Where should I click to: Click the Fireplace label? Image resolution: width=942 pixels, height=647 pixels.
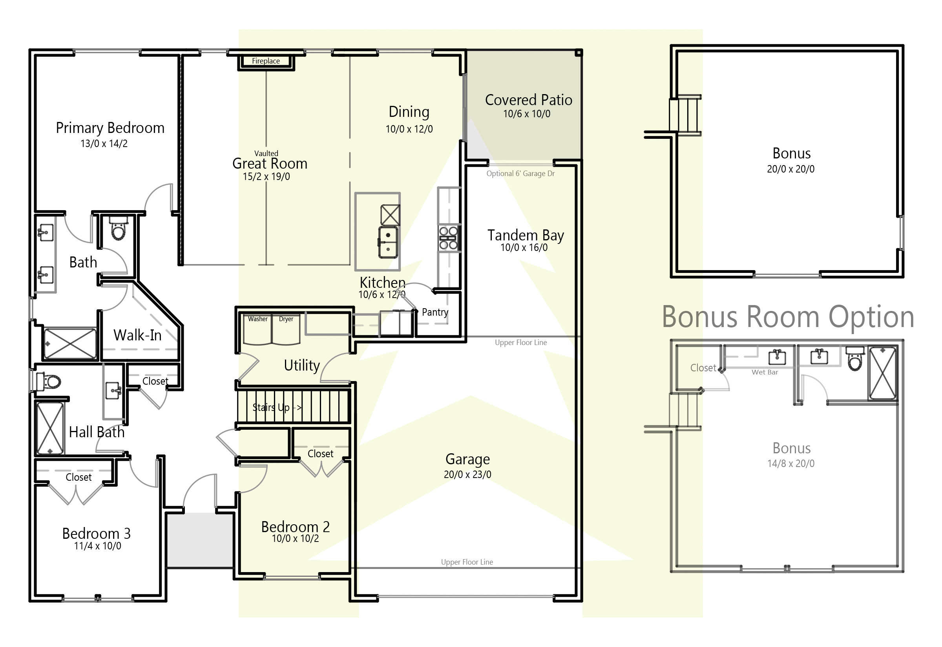coord(266,61)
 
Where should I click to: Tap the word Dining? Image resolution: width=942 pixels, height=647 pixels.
coord(409,112)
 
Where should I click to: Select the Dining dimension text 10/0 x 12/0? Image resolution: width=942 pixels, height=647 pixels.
coord(409,129)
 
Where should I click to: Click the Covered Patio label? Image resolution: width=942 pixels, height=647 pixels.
coord(529,100)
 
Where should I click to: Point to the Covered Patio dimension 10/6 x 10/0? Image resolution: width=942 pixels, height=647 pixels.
coord(527,114)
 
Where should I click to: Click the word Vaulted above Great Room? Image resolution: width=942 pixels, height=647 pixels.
coord(266,154)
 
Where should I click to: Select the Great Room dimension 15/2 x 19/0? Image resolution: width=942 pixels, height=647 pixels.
coord(266,177)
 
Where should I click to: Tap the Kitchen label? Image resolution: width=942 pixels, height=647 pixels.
coord(382,282)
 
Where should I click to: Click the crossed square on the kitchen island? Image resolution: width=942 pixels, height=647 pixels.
coord(390,215)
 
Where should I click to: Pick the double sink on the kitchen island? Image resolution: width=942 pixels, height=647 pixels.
coord(388,242)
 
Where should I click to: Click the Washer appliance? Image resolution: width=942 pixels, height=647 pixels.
coord(257,331)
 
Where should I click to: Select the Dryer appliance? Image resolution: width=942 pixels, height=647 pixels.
coord(287,331)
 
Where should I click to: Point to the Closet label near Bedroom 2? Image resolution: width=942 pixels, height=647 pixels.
coord(320,454)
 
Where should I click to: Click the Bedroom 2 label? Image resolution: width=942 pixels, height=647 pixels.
coord(295,527)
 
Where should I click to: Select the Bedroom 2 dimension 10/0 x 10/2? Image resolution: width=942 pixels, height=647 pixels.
coord(295,539)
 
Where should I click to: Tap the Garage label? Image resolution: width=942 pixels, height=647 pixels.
coord(467,459)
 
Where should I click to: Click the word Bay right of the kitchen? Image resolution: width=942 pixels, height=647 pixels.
coord(553,236)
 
